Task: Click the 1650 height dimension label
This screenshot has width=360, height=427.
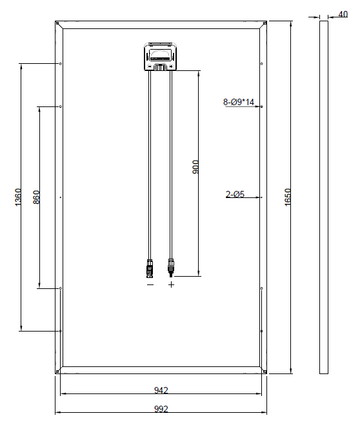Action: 288,197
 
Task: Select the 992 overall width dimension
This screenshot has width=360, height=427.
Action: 161,409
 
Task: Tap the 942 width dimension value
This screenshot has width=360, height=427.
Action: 161,390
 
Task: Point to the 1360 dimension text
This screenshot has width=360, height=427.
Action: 17,197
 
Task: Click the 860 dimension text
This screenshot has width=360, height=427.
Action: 36,197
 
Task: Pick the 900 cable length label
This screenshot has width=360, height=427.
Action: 195,167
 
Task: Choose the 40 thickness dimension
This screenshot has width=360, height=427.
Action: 343,14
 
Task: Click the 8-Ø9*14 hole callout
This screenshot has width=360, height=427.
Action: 239,102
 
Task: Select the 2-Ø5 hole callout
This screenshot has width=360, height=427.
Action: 235,194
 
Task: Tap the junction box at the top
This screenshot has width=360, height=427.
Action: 161,57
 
